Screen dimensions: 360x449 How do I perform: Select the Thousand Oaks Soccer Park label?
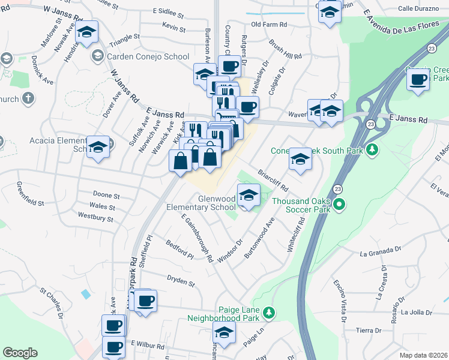point(302,206)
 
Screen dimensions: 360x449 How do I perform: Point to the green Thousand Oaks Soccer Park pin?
point(339,205)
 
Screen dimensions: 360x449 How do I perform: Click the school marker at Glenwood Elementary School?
point(248,195)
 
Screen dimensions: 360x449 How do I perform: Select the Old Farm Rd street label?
point(269,25)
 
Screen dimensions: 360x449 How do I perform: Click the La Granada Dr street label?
point(380,252)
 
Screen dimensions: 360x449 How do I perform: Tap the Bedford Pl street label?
point(179,251)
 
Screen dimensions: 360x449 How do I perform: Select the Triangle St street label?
point(124,37)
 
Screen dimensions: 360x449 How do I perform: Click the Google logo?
point(20,352)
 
